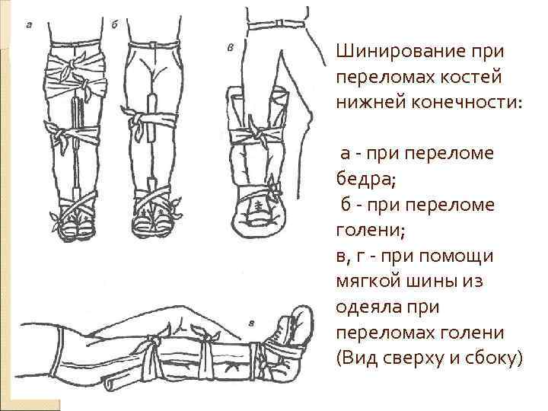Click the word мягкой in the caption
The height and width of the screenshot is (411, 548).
point(367,282)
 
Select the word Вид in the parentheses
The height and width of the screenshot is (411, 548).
point(358,355)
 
